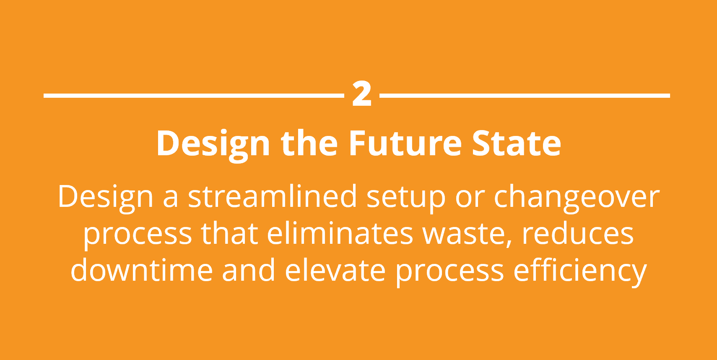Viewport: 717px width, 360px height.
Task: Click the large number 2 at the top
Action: pos(362,94)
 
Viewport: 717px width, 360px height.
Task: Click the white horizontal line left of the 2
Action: pos(193,96)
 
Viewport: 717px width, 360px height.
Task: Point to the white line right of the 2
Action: pos(525,96)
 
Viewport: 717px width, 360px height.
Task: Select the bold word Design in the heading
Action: pos(213,144)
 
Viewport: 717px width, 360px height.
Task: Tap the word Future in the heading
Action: pos(405,144)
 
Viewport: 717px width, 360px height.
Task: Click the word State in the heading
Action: pos(517,144)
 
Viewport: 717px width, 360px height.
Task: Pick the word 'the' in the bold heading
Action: pos(309,144)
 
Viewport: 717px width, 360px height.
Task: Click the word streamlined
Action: pos(272,196)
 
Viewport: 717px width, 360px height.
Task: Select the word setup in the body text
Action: pos(406,197)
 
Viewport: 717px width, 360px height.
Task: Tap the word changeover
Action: pos(577,197)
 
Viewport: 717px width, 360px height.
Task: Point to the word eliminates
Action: pos(340,233)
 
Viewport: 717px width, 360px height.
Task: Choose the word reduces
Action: pos(577,233)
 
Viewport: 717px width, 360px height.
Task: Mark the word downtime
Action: pos(141,270)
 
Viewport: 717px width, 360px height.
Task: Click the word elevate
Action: pos(335,270)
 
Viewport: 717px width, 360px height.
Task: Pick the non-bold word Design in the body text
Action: pos(106,197)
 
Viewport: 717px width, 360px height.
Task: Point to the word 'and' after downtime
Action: pos(248,270)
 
